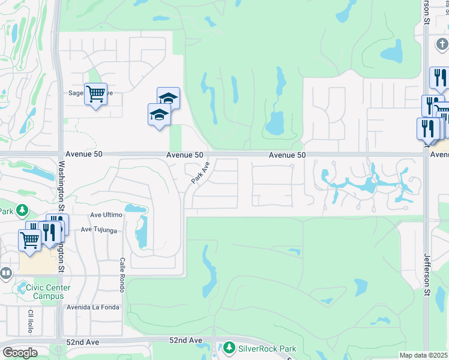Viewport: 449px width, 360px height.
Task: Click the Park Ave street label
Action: pyautogui.click(x=200, y=173)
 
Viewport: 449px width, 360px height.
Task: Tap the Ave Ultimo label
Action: pyautogui.click(x=106, y=214)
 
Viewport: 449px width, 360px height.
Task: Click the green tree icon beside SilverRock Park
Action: pyautogui.click(x=229, y=348)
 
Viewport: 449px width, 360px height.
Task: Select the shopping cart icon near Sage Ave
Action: pyautogui.click(x=95, y=94)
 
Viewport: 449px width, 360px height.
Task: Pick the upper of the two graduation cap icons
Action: pyautogui.click(x=169, y=98)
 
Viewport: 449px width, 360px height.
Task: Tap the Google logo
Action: pyautogui.click(x=20, y=352)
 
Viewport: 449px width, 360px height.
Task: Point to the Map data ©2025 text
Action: pyautogui.click(x=423, y=355)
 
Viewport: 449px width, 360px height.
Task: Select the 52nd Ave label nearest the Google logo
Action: pyautogui.click(x=83, y=341)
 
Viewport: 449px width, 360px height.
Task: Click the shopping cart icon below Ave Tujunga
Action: pyautogui.click(x=29, y=239)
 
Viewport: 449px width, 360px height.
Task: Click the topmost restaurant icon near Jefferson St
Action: pyautogui.click(x=439, y=78)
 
